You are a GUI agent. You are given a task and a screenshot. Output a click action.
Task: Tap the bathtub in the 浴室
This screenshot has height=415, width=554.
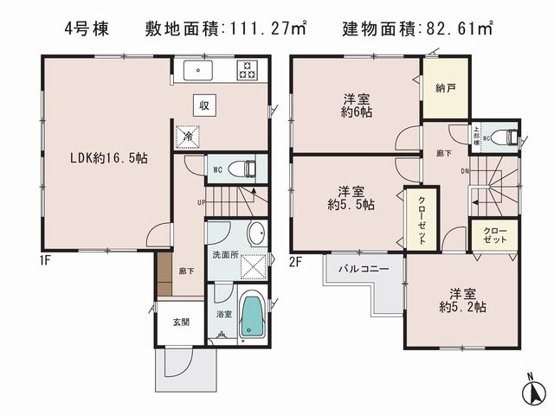pos(250,316)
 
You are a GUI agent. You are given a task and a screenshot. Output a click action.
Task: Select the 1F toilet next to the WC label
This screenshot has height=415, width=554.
pos(248,169)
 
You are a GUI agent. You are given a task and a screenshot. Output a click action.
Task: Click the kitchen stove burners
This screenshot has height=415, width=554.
pos(248,69)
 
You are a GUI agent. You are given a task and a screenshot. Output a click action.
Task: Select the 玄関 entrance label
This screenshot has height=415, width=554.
pos(180,322)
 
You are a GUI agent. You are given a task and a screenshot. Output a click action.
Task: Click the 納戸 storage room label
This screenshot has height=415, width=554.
pos(446,87)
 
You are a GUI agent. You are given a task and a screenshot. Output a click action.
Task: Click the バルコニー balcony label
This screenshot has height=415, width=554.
pos(364,269)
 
